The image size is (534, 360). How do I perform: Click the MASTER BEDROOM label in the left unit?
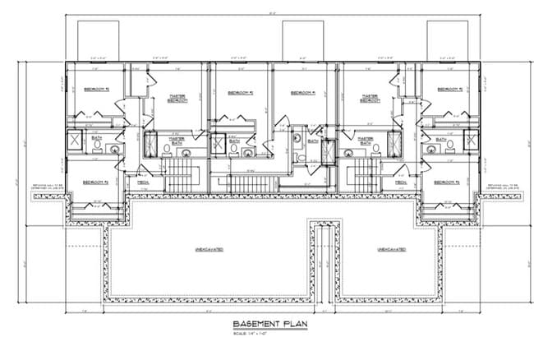pos(177,98)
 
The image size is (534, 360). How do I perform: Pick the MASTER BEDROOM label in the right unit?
pos(368,98)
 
